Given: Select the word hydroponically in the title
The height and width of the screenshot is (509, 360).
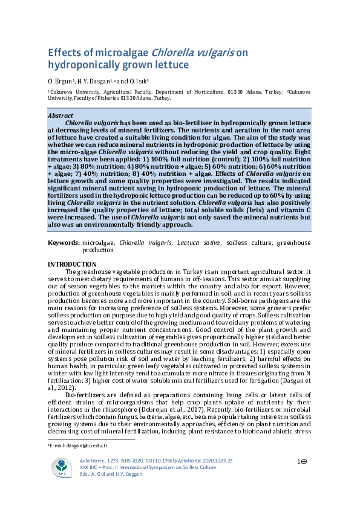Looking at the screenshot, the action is pyautogui.click(x=82, y=65).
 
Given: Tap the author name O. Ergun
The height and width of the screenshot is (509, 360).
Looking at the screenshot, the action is pyautogui.click(x=59, y=80).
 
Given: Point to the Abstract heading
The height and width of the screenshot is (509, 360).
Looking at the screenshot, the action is pyautogui.click(x=61, y=115).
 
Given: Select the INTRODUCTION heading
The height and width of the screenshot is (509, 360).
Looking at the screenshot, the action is pyautogui.click(x=72, y=264).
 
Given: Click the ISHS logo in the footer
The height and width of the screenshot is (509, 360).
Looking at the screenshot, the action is pyautogui.click(x=61, y=467).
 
